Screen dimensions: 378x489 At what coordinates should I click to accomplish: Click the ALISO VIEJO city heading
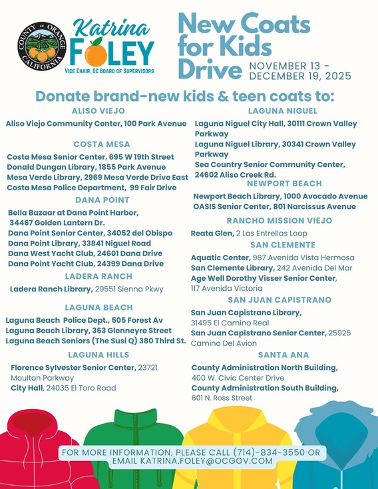[98, 110]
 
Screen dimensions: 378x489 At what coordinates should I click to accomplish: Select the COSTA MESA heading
[97, 144]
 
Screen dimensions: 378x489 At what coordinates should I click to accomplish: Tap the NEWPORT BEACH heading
[283, 184]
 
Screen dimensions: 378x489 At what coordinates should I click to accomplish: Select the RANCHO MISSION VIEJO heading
[279, 220]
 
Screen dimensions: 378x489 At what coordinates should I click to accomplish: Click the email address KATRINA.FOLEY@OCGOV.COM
[206, 461]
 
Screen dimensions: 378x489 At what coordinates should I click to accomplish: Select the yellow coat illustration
[233, 432]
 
